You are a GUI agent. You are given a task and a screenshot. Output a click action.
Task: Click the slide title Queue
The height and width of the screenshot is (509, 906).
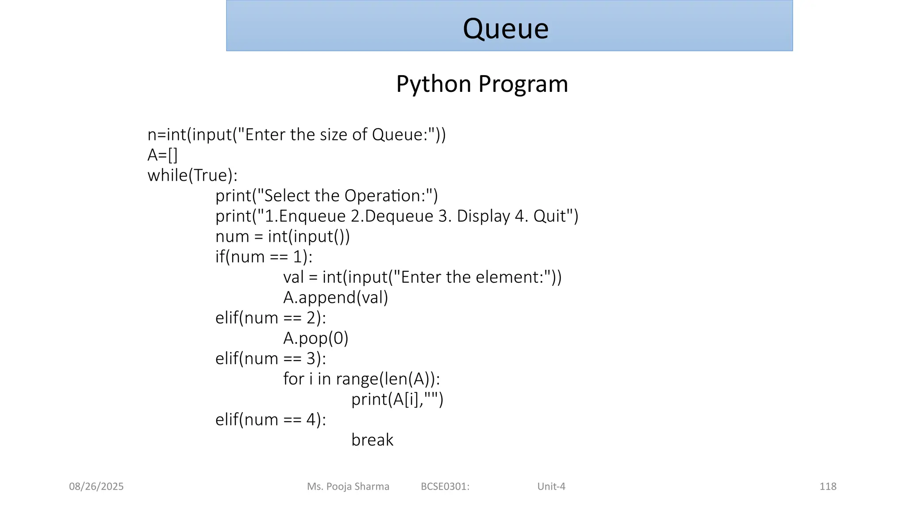pos(506,29)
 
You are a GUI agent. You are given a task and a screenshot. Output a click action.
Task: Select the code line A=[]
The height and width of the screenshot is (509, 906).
pos(162,155)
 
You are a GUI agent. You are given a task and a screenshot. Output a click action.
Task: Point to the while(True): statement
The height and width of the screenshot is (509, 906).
pos(192,175)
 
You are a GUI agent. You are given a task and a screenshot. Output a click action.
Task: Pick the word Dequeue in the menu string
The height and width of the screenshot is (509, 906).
pos(399,216)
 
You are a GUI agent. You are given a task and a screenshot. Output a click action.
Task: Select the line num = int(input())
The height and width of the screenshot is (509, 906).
pos(283,236)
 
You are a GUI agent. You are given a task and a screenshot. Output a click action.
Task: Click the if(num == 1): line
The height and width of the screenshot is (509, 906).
pos(264,257)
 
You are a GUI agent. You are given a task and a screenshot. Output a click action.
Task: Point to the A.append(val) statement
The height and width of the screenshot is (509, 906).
pos(336,297)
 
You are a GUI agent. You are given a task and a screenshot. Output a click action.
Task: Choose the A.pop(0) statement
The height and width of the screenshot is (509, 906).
pos(316,338)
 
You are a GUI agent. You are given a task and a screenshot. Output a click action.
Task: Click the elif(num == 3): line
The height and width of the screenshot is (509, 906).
pos(271,358)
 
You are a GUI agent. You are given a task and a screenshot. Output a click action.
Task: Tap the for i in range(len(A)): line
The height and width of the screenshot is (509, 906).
pos(361,379)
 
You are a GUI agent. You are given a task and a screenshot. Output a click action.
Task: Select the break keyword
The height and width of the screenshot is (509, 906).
pos(372,440)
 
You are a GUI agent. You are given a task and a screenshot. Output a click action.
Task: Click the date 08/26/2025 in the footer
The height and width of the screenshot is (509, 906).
pos(96,486)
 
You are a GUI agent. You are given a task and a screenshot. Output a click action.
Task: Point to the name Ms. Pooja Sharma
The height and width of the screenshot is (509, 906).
pos(348,486)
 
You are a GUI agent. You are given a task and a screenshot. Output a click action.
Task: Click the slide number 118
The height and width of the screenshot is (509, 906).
pos(828,486)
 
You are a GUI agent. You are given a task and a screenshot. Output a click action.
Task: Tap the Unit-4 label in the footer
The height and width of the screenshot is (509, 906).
pos(551,486)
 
